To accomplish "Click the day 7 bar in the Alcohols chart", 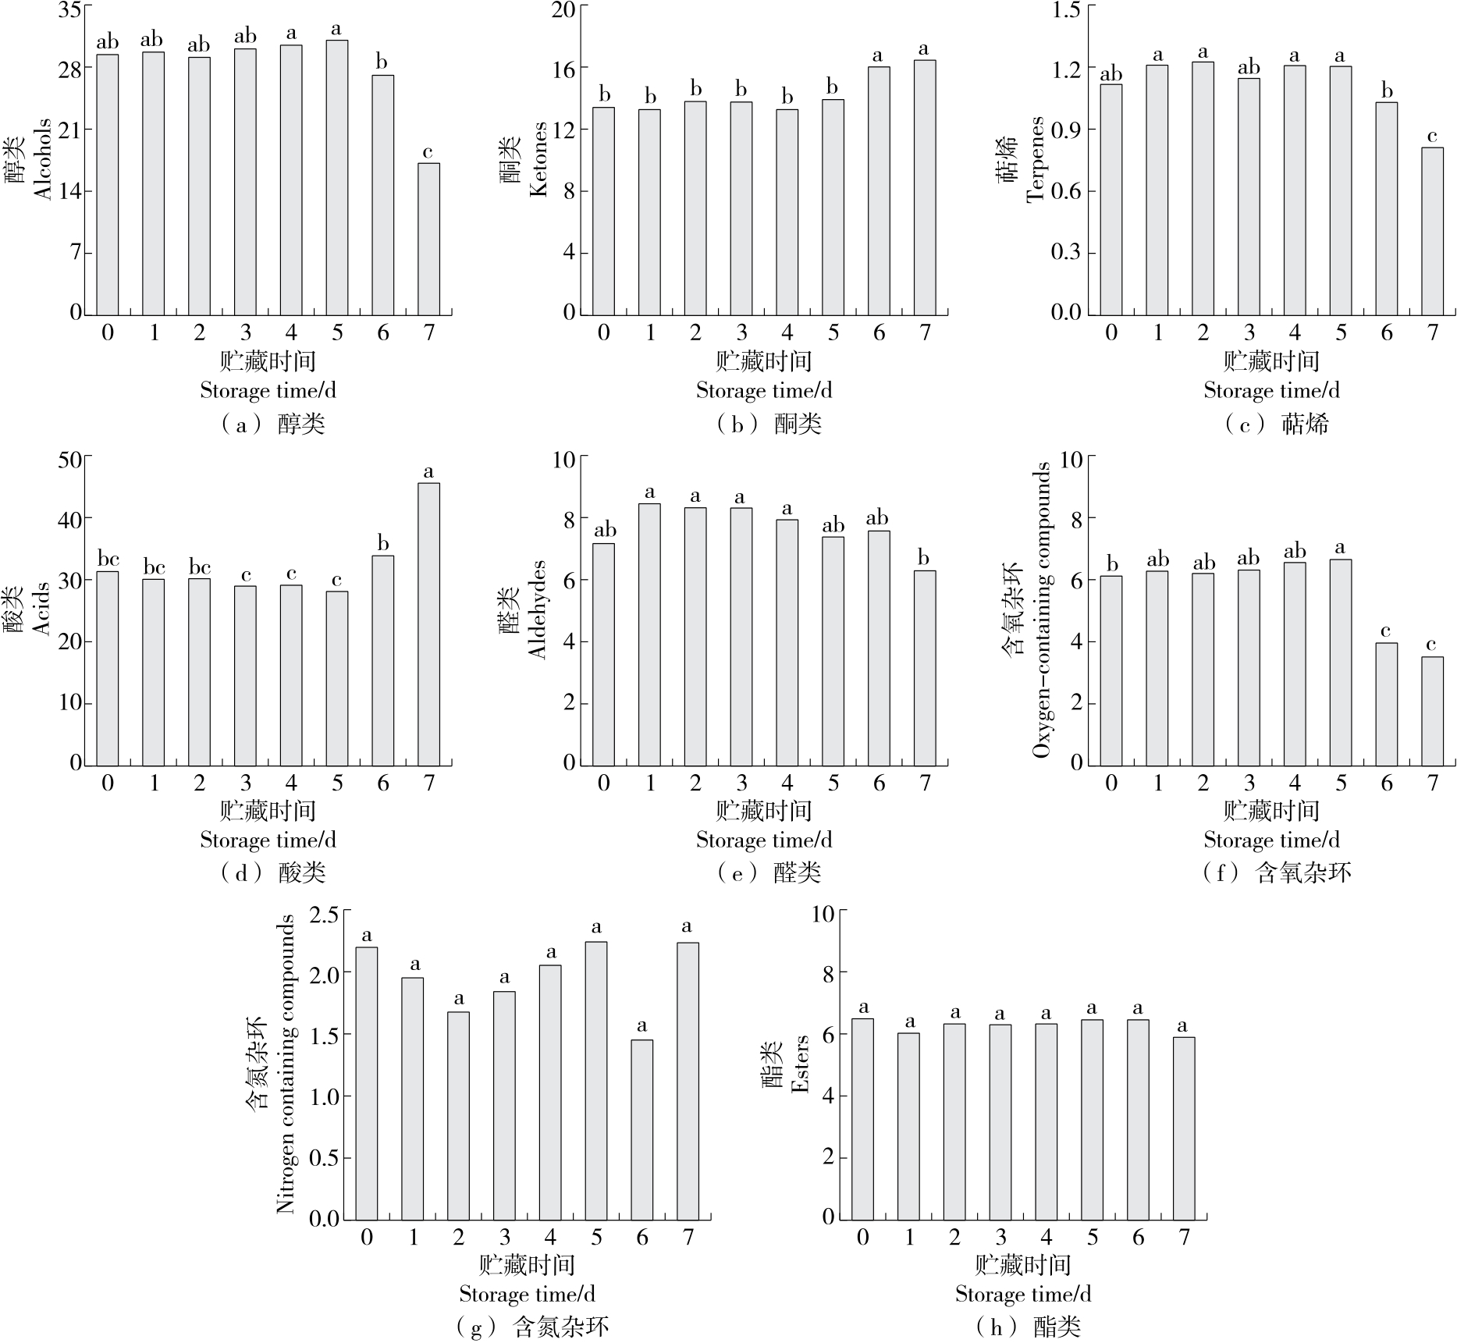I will tap(428, 239).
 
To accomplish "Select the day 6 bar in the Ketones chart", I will tap(879, 190).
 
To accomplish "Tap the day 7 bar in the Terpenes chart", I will tap(1432, 231).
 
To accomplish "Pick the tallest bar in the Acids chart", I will tap(428, 624).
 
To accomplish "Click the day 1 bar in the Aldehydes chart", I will tap(649, 634).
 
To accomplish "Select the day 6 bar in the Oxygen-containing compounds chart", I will tap(1386, 704).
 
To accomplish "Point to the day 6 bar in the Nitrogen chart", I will tap(641, 1129).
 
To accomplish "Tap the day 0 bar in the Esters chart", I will tap(862, 1119).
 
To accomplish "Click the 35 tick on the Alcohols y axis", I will tap(69, 10).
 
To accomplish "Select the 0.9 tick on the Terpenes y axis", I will tap(1066, 130).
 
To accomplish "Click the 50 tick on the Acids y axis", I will tap(69, 459).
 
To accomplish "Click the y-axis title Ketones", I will tap(538, 159).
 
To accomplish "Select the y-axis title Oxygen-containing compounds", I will tap(1041, 609).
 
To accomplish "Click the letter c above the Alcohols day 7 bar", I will tap(428, 151).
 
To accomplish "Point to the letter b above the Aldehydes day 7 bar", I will tap(924, 558).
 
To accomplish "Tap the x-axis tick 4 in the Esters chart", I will tap(1046, 1237).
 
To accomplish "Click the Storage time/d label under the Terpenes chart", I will tap(1271, 390).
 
